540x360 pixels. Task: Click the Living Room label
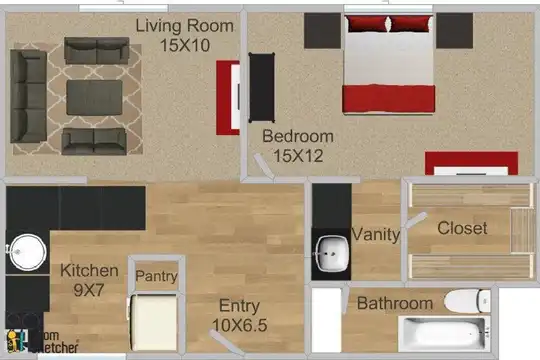pyautogui.click(x=185, y=26)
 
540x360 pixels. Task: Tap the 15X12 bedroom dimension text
pyautogui.click(x=298, y=156)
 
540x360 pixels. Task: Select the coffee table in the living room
pyautogui.click(x=94, y=97)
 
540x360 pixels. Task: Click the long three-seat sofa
pyautogui.click(x=28, y=96)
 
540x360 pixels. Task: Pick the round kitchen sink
pyautogui.click(x=28, y=252)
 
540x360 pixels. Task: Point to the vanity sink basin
pyautogui.click(x=331, y=254)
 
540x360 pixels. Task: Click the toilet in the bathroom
pyautogui.click(x=467, y=301)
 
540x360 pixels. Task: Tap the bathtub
pyautogui.click(x=444, y=334)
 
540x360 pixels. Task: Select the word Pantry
pyautogui.click(x=157, y=276)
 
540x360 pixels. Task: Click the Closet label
pyautogui.click(x=462, y=228)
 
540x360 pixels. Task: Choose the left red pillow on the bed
pyautogui.click(x=367, y=23)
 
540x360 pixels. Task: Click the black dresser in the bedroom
pyautogui.click(x=262, y=88)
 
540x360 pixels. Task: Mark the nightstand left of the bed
pyautogui.click(x=322, y=31)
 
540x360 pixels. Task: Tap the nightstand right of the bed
pyautogui.click(x=454, y=31)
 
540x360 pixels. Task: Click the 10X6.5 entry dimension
pyautogui.click(x=240, y=326)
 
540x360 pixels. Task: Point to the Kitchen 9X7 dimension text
pyautogui.click(x=89, y=290)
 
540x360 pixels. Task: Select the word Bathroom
pyautogui.click(x=395, y=304)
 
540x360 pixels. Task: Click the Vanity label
pyautogui.click(x=376, y=235)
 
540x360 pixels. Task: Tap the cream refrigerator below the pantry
pyautogui.click(x=154, y=323)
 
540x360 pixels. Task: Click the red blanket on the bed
pyautogui.click(x=389, y=99)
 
